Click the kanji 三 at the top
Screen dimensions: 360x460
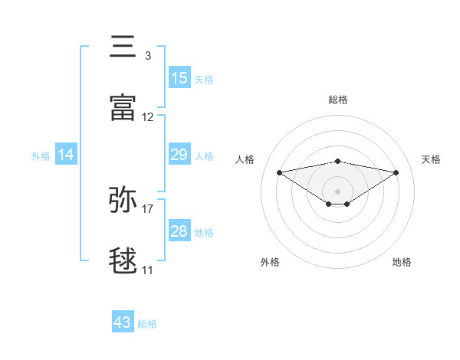(x=124, y=47)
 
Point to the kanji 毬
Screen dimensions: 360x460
(x=124, y=261)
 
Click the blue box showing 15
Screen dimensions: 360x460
(x=179, y=78)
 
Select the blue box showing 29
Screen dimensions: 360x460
(x=179, y=155)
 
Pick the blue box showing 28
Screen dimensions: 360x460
(x=179, y=232)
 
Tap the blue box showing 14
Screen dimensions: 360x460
(x=66, y=155)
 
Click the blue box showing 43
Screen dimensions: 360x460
(x=123, y=323)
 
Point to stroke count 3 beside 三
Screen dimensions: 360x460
(x=147, y=56)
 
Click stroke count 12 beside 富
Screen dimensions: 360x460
(x=148, y=117)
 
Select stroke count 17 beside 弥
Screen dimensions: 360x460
(x=148, y=209)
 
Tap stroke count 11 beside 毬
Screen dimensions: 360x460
(x=148, y=270)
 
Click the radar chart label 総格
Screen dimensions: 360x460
(x=338, y=100)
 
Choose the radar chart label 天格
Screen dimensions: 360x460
(x=431, y=159)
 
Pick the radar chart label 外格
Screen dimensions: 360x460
(x=270, y=263)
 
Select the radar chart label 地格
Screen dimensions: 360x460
(x=402, y=263)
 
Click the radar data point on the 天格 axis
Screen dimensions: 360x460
(x=396, y=172)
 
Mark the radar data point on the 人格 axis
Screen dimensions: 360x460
(x=279, y=172)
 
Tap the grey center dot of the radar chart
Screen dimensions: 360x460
(x=338, y=191)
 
